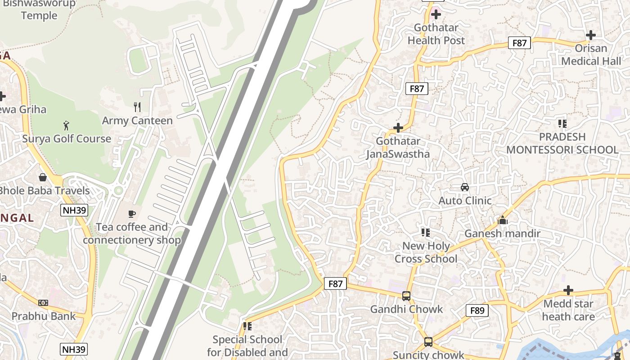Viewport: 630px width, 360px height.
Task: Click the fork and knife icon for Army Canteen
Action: pyautogui.click(x=137, y=107)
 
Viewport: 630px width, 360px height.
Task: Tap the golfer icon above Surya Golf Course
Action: pyautogui.click(x=67, y=125)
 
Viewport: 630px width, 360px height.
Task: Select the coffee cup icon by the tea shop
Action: pyautogui.click(x=132, y=214)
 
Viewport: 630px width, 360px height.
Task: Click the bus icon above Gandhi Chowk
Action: pyautogui.click(x=406, y=296)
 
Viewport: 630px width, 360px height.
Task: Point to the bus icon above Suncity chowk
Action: pyautogui.click(x=428, y=342)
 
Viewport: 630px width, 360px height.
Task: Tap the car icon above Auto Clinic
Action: pyautogui.click(x=465, y=187)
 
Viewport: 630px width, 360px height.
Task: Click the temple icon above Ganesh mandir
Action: pyautogui.click(x=503, y=220)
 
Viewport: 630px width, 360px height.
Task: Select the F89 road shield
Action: pyautogui.click(x=477, y=310)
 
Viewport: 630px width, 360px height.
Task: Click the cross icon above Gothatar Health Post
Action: pyautogui.click(x=436, y=14)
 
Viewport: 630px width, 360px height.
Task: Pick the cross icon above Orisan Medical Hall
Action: pyautogui.click(x=591, y=35)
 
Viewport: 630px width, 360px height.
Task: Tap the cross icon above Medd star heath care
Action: pyautogui.click(x=568, y=290)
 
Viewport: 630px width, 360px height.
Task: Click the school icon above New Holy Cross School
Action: pyautogui.click(x=425, y=232)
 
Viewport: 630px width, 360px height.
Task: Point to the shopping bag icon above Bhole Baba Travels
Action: pyautogui.click(x=43, y=177)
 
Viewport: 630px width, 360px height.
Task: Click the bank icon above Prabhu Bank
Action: pyautogui.click(x=43, y=303)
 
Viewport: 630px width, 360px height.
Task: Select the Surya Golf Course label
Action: pyautogui.click(x=67, y=139)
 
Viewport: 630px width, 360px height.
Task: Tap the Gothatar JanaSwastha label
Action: pyautogui.click(x=398, y=148)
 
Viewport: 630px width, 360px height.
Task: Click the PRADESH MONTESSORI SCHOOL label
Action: pyautogui.click(x=562, y=143)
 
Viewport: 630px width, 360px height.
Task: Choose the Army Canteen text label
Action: pyautogui.click(x=137, y=121)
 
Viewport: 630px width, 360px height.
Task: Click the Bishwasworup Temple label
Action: pyautogui.click(x=39, y=9)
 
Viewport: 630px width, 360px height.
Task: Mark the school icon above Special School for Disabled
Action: pyautogui.click(x=247, y=326)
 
